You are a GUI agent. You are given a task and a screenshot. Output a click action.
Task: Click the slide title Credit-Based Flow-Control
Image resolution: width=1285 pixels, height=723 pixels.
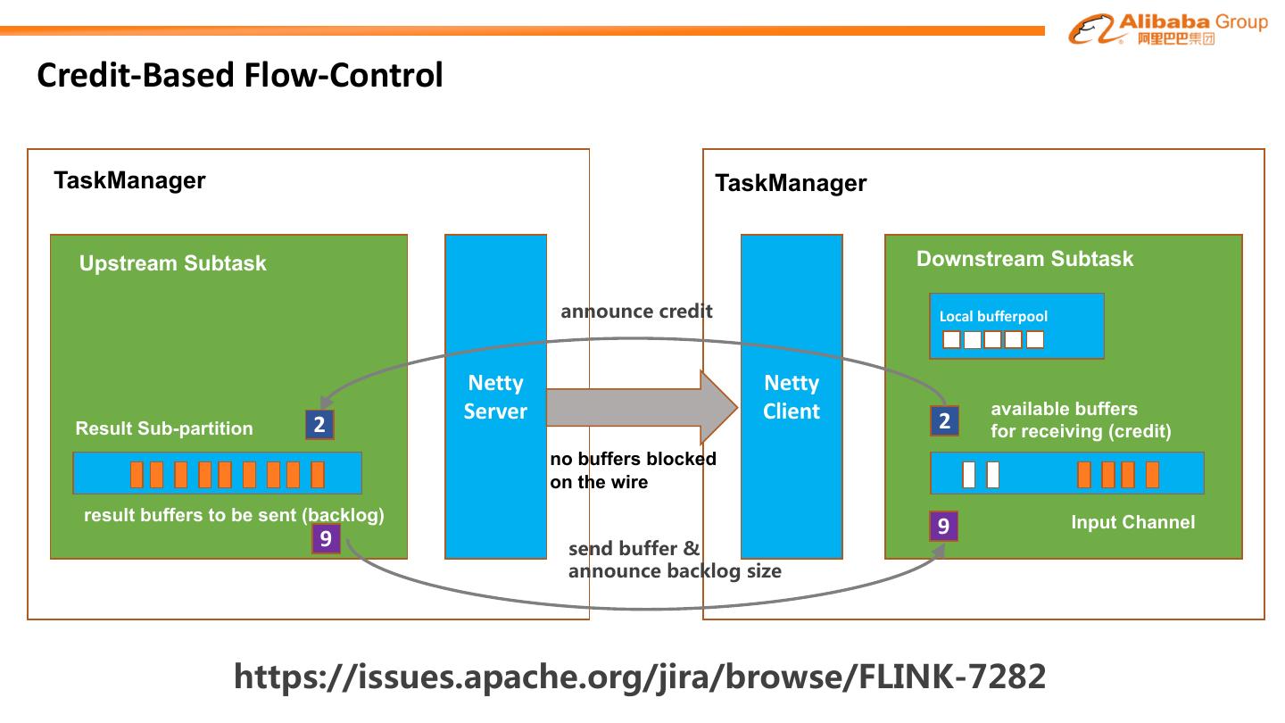pyautogui.click(x=240, y=75)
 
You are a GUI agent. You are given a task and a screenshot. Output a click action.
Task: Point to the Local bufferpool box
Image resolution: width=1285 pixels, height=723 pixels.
pyautogui.click(x=1016, y=326)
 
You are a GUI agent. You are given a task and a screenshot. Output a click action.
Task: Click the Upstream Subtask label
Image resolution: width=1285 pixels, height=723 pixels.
pyautogui.click(x=172, y=263)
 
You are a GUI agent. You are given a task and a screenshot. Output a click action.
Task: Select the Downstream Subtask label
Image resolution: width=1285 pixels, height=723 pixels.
pyautogui.click(x=1024, y=259)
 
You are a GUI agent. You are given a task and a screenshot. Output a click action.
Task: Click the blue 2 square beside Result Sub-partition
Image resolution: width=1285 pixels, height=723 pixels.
pyautogui.click(x=319, y=424)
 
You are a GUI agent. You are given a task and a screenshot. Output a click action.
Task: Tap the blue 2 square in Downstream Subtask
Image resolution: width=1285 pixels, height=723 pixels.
pyautogui.click(x=944, y=420)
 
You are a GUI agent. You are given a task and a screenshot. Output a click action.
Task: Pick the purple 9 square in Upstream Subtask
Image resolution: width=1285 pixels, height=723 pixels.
pyautogui.click(x=326, y=538)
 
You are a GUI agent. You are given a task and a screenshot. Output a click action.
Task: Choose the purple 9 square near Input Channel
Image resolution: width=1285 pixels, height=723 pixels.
pyautogui.click(x=943, y=527)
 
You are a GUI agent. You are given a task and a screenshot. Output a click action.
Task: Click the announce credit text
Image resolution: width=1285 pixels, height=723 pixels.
pyautogui.click(x=636, y=312)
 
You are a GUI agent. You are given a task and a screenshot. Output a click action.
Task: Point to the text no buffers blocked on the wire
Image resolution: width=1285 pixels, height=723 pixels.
pyautogui.click(x=633, y=470)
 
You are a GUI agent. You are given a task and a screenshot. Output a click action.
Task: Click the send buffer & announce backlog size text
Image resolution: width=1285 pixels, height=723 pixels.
pyautogui.click(x=675, y=560)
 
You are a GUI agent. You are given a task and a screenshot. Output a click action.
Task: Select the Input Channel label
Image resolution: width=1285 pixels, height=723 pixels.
pyautogui.click(x=1132, y=522)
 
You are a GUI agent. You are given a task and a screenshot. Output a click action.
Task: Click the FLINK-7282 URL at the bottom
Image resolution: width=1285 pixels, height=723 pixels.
pyautogui.click(x=639, y=677)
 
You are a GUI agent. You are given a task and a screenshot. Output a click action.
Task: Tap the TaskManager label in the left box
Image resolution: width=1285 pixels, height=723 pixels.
pyautogui.click(x=129, y=180)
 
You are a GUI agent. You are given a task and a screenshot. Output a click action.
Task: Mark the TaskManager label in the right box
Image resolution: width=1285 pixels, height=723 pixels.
pyautogui.click(x=791, y=184)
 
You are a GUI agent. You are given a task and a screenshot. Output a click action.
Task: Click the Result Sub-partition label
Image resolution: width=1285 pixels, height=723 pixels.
pyautogui.click(x=164, y=428)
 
